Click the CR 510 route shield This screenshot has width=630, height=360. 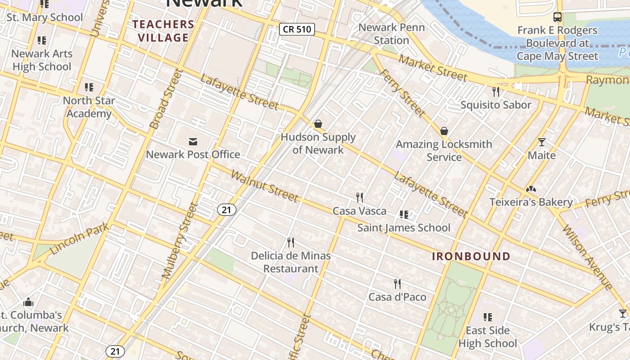coord(297,29)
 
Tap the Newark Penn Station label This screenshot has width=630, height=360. coord(391,34)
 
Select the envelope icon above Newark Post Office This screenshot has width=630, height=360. coord(193,142)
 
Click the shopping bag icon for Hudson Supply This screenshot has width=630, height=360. coord(318,124)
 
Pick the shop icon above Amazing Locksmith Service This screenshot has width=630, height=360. coord(444,131)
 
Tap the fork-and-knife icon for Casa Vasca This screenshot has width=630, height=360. coord(360,197)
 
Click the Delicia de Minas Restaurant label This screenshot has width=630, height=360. coord(291,262)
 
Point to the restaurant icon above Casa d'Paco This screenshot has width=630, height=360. coord(397,283)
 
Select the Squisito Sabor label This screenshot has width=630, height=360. coord(495,105)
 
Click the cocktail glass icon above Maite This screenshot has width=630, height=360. coord(542,142)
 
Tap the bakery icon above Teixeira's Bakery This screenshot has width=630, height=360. coord(531,189)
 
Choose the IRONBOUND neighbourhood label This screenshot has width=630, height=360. coord(471,256)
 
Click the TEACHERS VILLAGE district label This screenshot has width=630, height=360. coord(163,31)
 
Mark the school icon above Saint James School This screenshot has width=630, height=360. coord(404,215)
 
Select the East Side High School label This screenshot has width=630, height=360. coord(487,337)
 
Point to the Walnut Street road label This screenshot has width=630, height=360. coord(264,186)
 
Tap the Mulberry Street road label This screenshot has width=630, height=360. coord(180,240)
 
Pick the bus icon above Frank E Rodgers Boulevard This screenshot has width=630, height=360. coord(557,17)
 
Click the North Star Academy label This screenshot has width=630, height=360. coord(89,107)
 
